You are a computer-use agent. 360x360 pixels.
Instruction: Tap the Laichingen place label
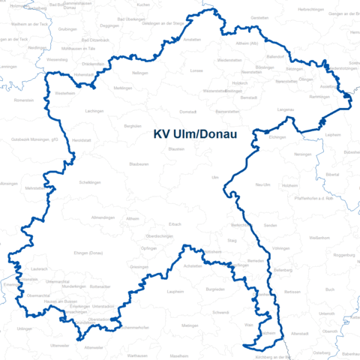(94, 111)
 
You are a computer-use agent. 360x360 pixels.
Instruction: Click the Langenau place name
(286, 109)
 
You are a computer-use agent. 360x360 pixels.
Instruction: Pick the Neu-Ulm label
(262, 184)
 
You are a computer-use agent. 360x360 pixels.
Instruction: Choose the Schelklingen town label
(91, 182)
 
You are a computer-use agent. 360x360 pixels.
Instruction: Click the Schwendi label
(220, 312)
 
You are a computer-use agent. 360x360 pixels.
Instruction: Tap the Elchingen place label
(277, 138)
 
